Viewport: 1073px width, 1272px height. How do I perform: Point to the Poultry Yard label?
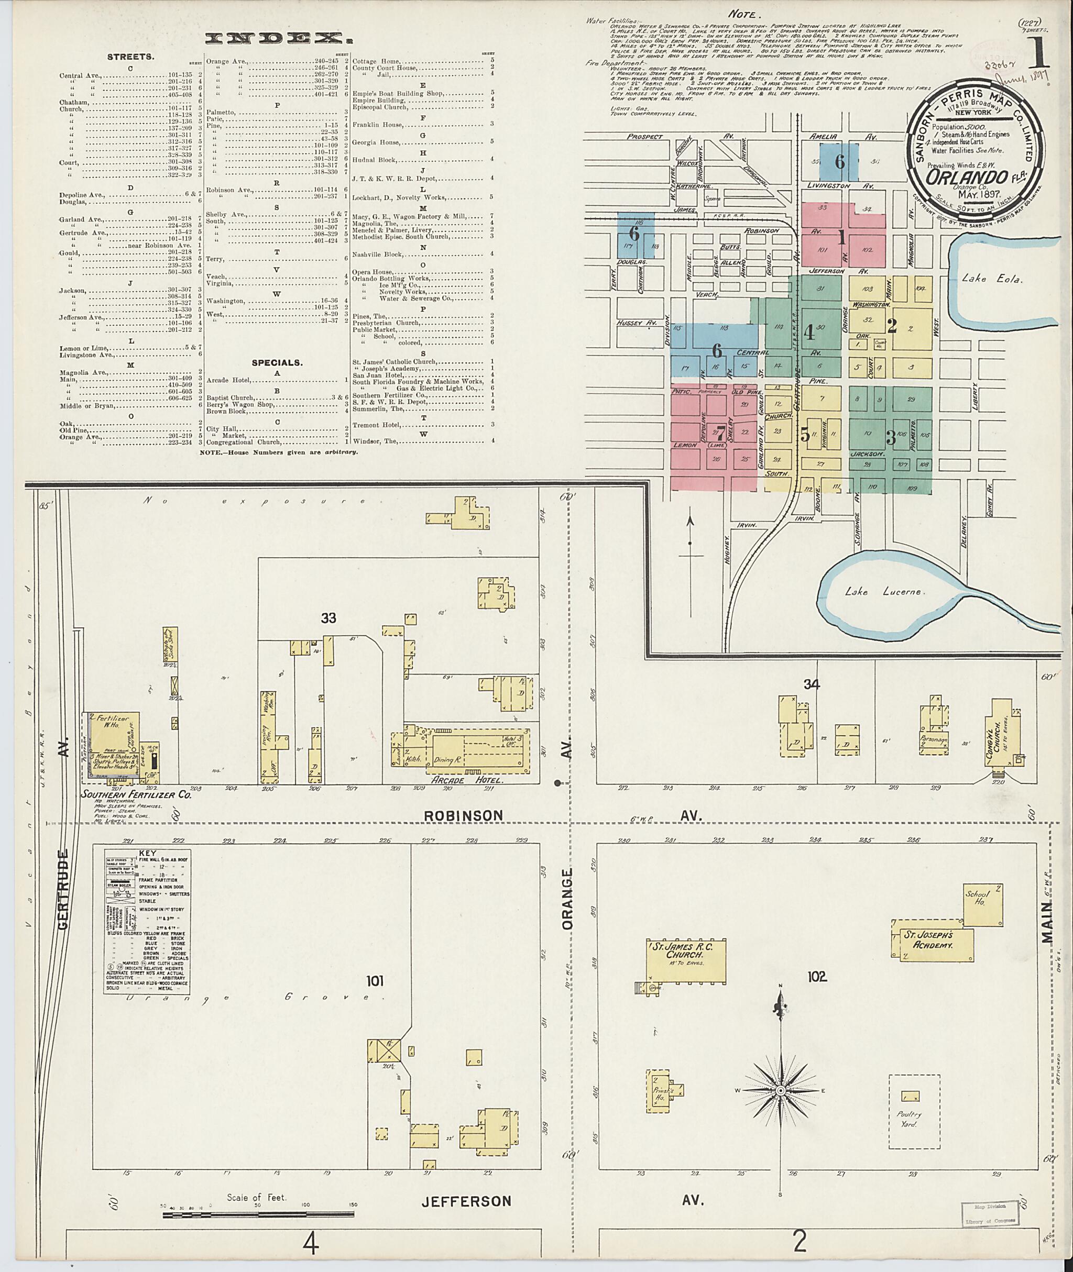tap(914, 1120)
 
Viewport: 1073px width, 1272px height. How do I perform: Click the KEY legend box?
tap(147, 921)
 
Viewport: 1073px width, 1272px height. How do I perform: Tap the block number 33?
tap(329, 618)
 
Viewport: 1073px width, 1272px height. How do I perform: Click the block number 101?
tap(375, 981)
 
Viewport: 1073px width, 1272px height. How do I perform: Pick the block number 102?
tap(816, 977)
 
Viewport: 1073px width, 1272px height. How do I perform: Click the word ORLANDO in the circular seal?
tap(957, 177)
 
